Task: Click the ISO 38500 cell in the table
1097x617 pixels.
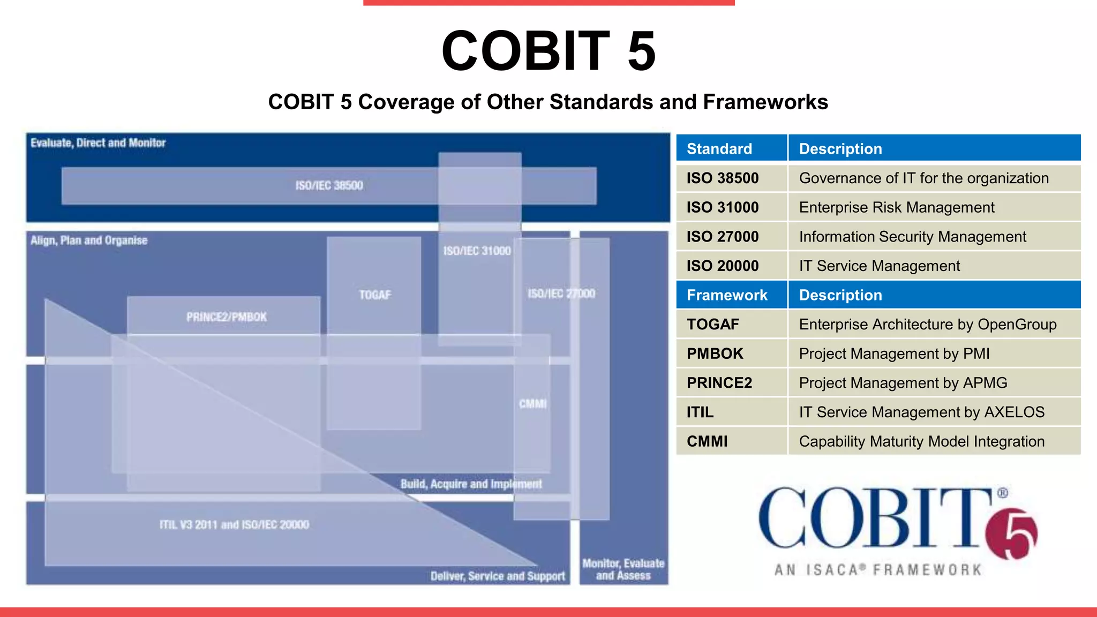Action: click(x=723, y=178)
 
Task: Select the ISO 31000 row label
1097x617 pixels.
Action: click(x=723, y=207)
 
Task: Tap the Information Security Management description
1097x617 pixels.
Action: click(x=912, y=237)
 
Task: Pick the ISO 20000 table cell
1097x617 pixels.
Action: click(x=723, y=266)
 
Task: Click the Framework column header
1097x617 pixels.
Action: click(x=727, y=295)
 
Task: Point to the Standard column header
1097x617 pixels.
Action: click(x=719, y=149)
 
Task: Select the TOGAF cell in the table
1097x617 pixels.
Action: click(x=713, y=325)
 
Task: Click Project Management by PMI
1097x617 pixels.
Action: click(x=894, y=353)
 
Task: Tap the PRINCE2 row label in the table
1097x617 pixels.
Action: click(x=719, y=383)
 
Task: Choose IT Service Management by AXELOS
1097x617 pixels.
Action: click(x=921, y=412)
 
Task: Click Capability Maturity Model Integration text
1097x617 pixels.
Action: click(x=921, y=441)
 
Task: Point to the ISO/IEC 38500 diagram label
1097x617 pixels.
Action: click(x=329, y=185)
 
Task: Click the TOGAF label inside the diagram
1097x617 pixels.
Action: click(x=375, y=295)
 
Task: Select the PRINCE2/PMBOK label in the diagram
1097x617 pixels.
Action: click(x=226, y=317)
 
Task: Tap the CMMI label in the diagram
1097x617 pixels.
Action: click(x=532, y=404)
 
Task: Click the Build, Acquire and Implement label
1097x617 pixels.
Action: click(x=471, y=484)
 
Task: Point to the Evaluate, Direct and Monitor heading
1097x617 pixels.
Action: click(x=98, y=143)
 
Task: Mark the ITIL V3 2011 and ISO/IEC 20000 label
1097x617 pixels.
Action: click(x=234, y=525)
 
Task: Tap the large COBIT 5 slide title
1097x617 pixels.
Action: click(x=548, y=51)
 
